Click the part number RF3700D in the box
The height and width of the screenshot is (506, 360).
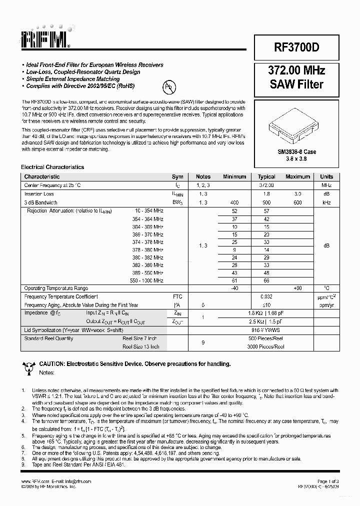coord(296,47)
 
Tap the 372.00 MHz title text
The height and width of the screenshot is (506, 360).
coord(296,70)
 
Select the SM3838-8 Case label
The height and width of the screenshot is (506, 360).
coord(296,151)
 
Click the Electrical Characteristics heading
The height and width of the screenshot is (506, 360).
coord(52,167)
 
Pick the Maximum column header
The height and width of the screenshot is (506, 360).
coord(297,176)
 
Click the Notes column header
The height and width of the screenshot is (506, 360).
coord(203,176)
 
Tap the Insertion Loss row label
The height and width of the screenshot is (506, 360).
coord(39,194)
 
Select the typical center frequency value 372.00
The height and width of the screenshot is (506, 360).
coord(266,185)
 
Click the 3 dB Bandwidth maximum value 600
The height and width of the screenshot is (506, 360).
coord(297,202)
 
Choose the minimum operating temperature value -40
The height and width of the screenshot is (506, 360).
coord(234,288)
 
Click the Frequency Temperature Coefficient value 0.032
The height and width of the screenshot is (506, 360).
coord(266,296)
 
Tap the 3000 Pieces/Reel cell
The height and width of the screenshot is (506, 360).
coord(266,346)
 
